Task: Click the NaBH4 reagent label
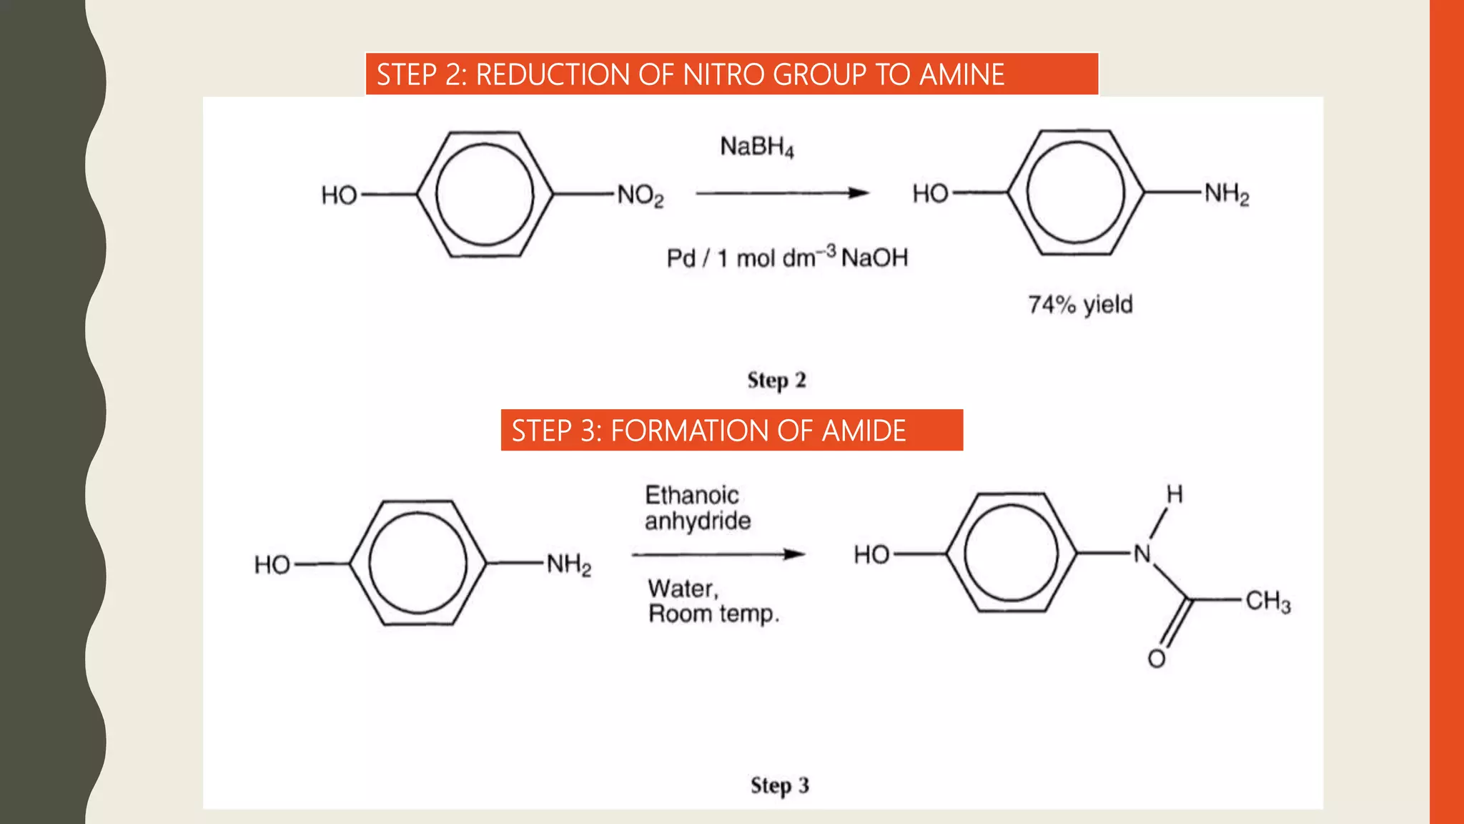pos(756,147)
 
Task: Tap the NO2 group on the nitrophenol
pos(640,195)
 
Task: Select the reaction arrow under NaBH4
pos(781,193)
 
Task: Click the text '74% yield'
pos(1080,305)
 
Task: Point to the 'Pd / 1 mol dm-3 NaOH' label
pos(786,257)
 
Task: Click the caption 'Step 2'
pos(776,380)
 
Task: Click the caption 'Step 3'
pos(779,785)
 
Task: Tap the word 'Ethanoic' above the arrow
pos(691,495)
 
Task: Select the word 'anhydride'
pos(698,521)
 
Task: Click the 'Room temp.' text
pos(713,614)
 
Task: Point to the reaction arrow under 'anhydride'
pos(718,554)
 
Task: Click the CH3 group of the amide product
pos(1267,601)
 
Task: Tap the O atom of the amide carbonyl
pos(1157,659)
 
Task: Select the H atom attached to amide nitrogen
pos(1174,494)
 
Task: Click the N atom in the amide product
pos(1142,554)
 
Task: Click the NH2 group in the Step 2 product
pos(1227,194)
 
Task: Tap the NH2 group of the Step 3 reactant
pos(569,564)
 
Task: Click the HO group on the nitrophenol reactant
pos(339,195)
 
